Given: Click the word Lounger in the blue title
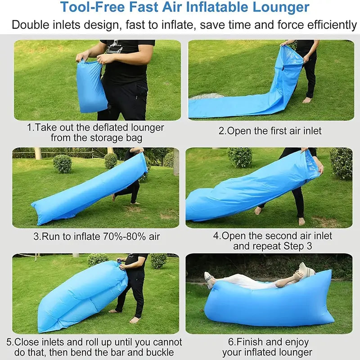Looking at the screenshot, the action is point(281,7).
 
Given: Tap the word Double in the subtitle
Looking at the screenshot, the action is point(31,25).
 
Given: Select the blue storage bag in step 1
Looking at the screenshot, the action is point(91,86).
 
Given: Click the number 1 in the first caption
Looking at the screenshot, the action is point(29,127).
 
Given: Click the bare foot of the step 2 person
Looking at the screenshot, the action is point(307,100).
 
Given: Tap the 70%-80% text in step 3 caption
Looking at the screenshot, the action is point(124,237).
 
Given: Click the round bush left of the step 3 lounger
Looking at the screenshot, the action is point(63,164).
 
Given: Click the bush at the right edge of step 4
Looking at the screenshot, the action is point(341,163).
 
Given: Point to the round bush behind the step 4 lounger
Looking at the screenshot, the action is point(239,157).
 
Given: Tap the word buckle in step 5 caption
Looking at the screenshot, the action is point(160,352).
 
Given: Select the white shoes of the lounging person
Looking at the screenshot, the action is point(209,279).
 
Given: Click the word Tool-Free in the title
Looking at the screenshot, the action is point(93,7).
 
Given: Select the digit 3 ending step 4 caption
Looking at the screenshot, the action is point(309,246).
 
